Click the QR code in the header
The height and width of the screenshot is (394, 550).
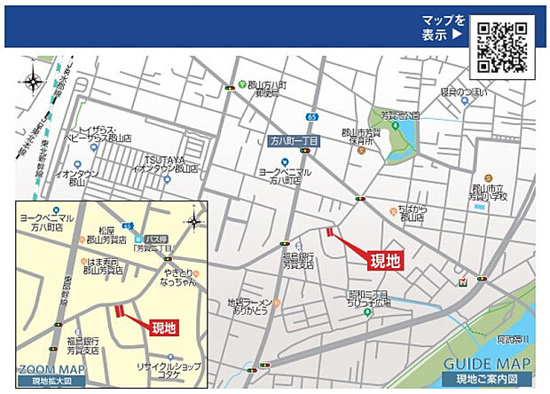[501, 46]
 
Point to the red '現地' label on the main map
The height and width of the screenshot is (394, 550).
[386, 260]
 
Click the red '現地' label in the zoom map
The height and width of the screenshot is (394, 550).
[164, 327]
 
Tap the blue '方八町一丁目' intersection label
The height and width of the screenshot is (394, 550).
[295, 140]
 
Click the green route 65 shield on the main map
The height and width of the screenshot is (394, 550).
[311, 116]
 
